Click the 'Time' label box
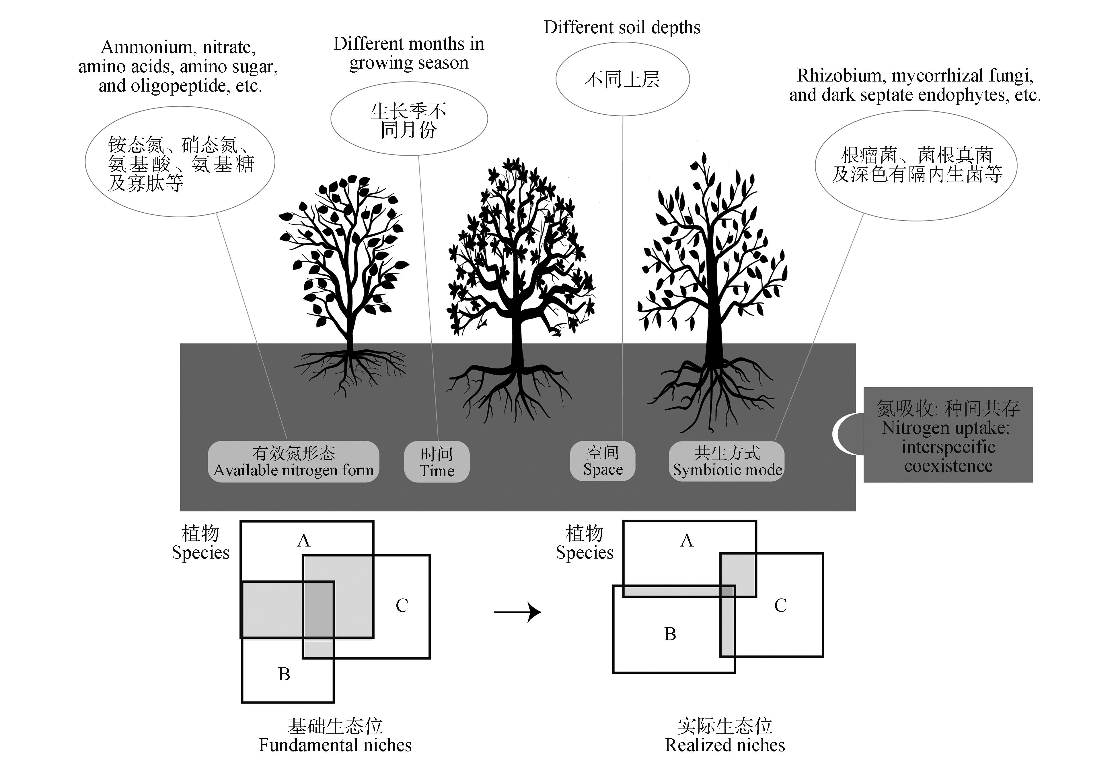[437, 462]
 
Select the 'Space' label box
[603, 461]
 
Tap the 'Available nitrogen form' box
[293, 462]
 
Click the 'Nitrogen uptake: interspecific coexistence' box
[948, 435]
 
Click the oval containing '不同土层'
[622, 79]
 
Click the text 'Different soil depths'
[622, 28]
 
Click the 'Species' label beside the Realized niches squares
[584, 553]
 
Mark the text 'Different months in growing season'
[409, 53]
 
